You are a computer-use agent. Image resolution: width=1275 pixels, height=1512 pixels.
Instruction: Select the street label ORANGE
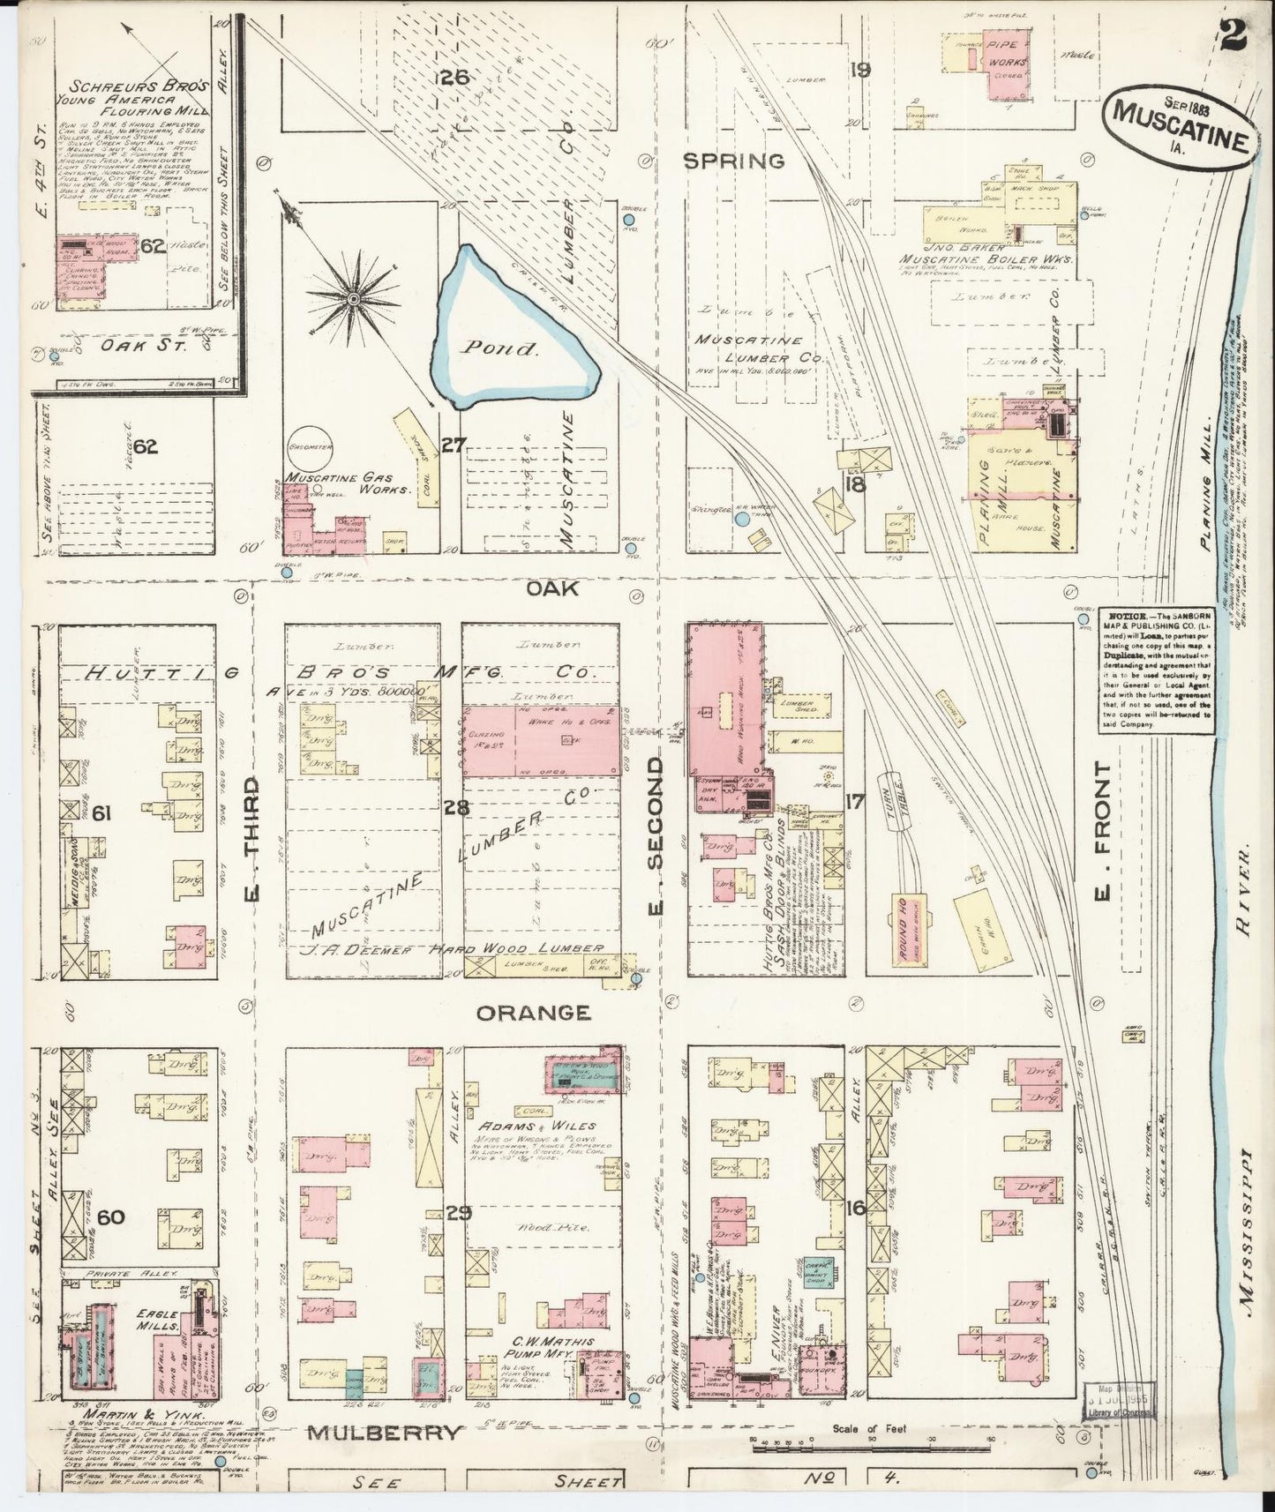(533, 1013)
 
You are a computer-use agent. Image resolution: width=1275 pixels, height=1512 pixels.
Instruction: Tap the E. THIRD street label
(251, 841)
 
